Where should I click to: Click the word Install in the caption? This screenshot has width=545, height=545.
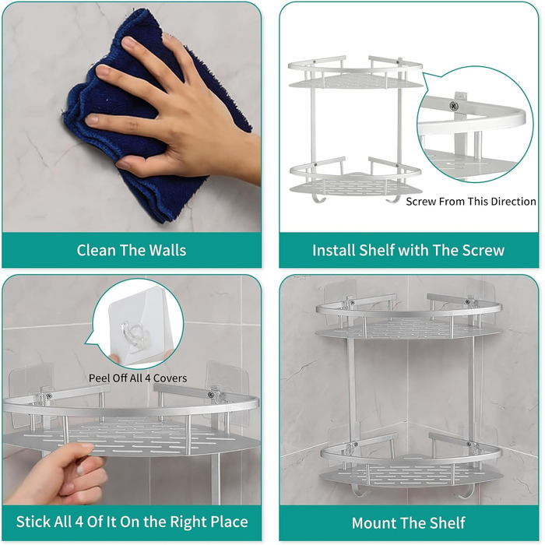click(334, 250)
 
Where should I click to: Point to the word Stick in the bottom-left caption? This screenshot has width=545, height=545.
click(33, 522)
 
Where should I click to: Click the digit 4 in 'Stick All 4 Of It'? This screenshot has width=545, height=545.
click(79, 522)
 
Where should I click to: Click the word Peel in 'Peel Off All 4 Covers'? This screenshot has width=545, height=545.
click(97, 378)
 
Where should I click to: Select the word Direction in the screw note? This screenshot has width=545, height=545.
click(513, 202)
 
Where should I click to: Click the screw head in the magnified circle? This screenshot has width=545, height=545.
click(453, 104)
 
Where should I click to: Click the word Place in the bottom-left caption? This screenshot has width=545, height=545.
click(230, 522)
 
